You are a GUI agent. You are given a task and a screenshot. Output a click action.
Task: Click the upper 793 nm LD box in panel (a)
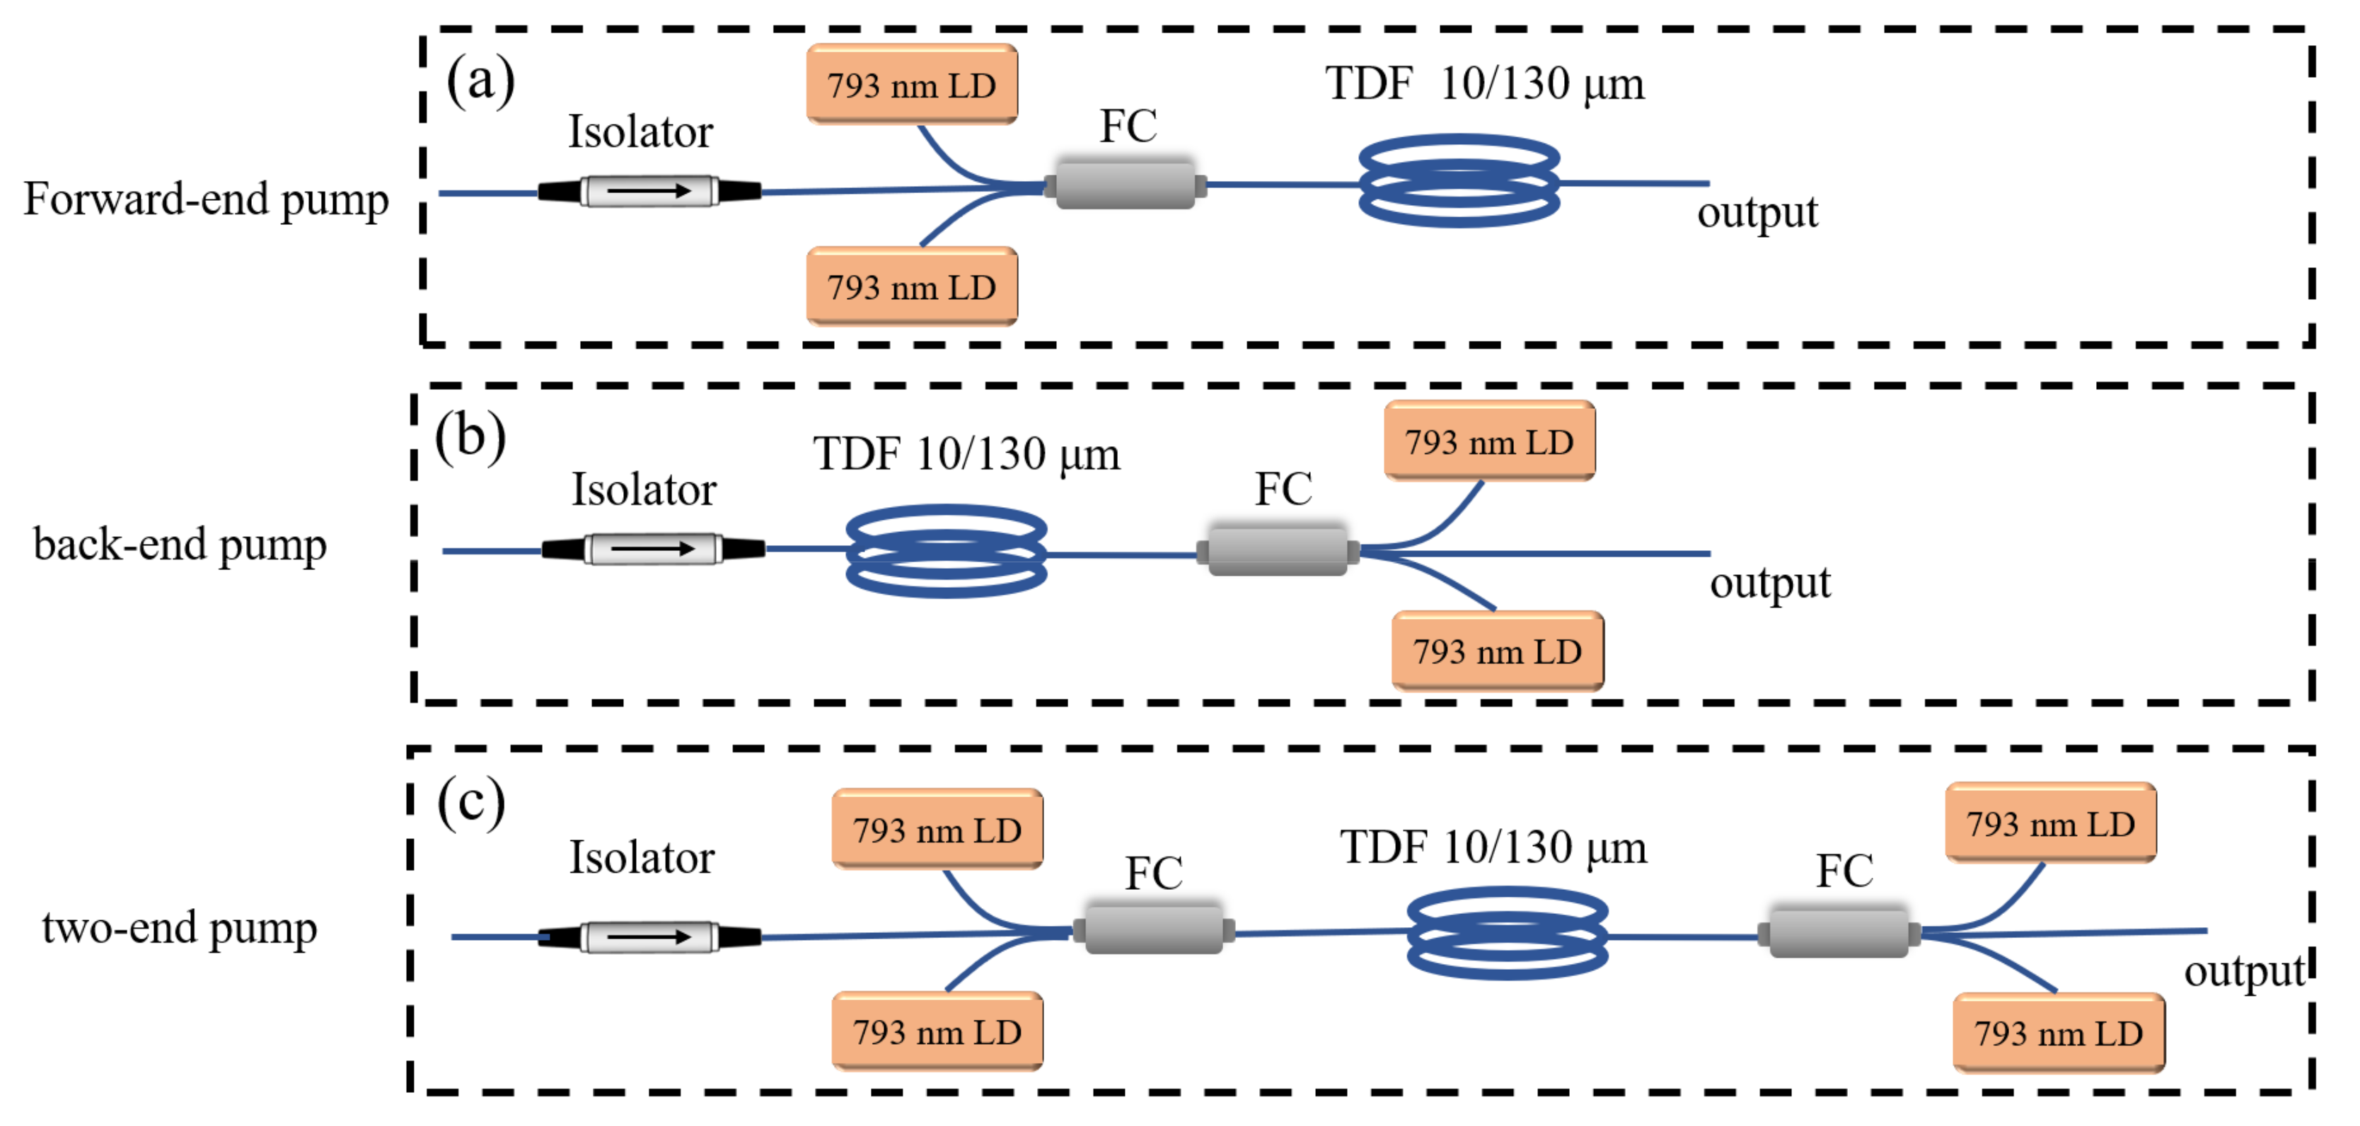(912, 84)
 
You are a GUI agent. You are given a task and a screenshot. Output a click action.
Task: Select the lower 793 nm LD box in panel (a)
(912, 286)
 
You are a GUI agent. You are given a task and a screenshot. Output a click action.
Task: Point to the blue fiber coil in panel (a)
(1459, 181)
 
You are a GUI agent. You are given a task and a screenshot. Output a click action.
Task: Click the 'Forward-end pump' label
(206, 199)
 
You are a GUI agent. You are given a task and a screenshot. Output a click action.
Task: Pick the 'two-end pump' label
(180, 928)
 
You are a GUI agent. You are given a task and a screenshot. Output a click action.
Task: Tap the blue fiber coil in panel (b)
(947, 552)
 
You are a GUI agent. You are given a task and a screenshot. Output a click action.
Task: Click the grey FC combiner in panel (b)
(1278, 551)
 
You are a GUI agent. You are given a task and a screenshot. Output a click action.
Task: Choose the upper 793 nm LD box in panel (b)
(1490, 441)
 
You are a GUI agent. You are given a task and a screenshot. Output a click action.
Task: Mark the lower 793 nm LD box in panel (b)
(1497, 651)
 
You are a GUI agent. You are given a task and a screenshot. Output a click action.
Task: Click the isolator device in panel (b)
(653, 549)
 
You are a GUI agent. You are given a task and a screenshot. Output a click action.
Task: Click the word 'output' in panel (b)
(1769, 584)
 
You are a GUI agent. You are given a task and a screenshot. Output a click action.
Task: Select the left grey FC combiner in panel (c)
(1153, 931)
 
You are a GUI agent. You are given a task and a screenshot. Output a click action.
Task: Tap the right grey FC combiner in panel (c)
(1838, 934)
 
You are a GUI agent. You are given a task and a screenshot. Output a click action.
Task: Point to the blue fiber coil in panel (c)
(1507, 933)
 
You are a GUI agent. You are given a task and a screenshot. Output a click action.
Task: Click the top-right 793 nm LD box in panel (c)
(2050, 824)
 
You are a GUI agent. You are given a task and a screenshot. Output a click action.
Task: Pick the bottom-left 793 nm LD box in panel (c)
(937, 1032)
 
